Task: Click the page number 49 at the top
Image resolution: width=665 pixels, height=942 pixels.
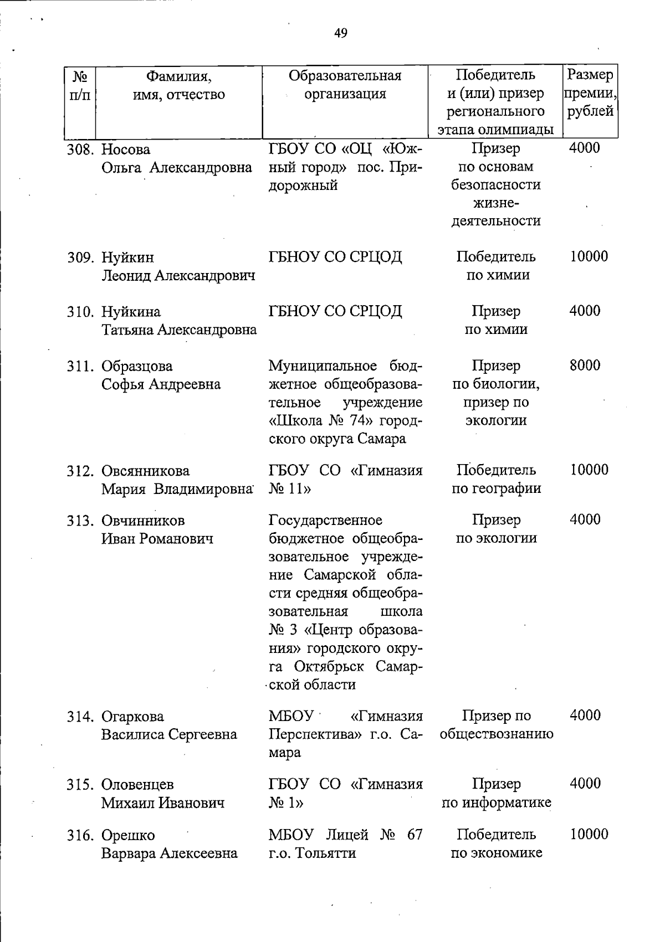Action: (341, 34)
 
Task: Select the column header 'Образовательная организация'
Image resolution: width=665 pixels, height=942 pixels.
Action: (345, 84)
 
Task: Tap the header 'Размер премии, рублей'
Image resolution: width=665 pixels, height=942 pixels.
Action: (590, 93)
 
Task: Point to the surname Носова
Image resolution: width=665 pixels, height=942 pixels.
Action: (126, 150)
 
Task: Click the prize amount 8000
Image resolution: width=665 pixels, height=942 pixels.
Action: (585, 366)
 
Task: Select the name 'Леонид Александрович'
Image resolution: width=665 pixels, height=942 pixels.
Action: (178, 276)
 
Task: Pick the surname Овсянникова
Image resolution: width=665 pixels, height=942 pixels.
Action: (145, 471)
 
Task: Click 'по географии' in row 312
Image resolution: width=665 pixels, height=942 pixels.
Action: (496, 488)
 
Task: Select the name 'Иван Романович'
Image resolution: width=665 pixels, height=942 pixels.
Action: (157, 538)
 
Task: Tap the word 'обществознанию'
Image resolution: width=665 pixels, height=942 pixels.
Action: (496, 734)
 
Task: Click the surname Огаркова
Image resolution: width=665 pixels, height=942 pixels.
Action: (132, 716)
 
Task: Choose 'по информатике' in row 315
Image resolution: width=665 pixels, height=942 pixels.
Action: (496, 802)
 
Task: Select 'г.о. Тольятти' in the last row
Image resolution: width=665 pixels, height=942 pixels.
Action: (311, 853)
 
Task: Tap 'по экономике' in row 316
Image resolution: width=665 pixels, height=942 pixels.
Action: (496, 853)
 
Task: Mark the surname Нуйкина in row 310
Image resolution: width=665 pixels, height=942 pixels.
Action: (131, 312)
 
